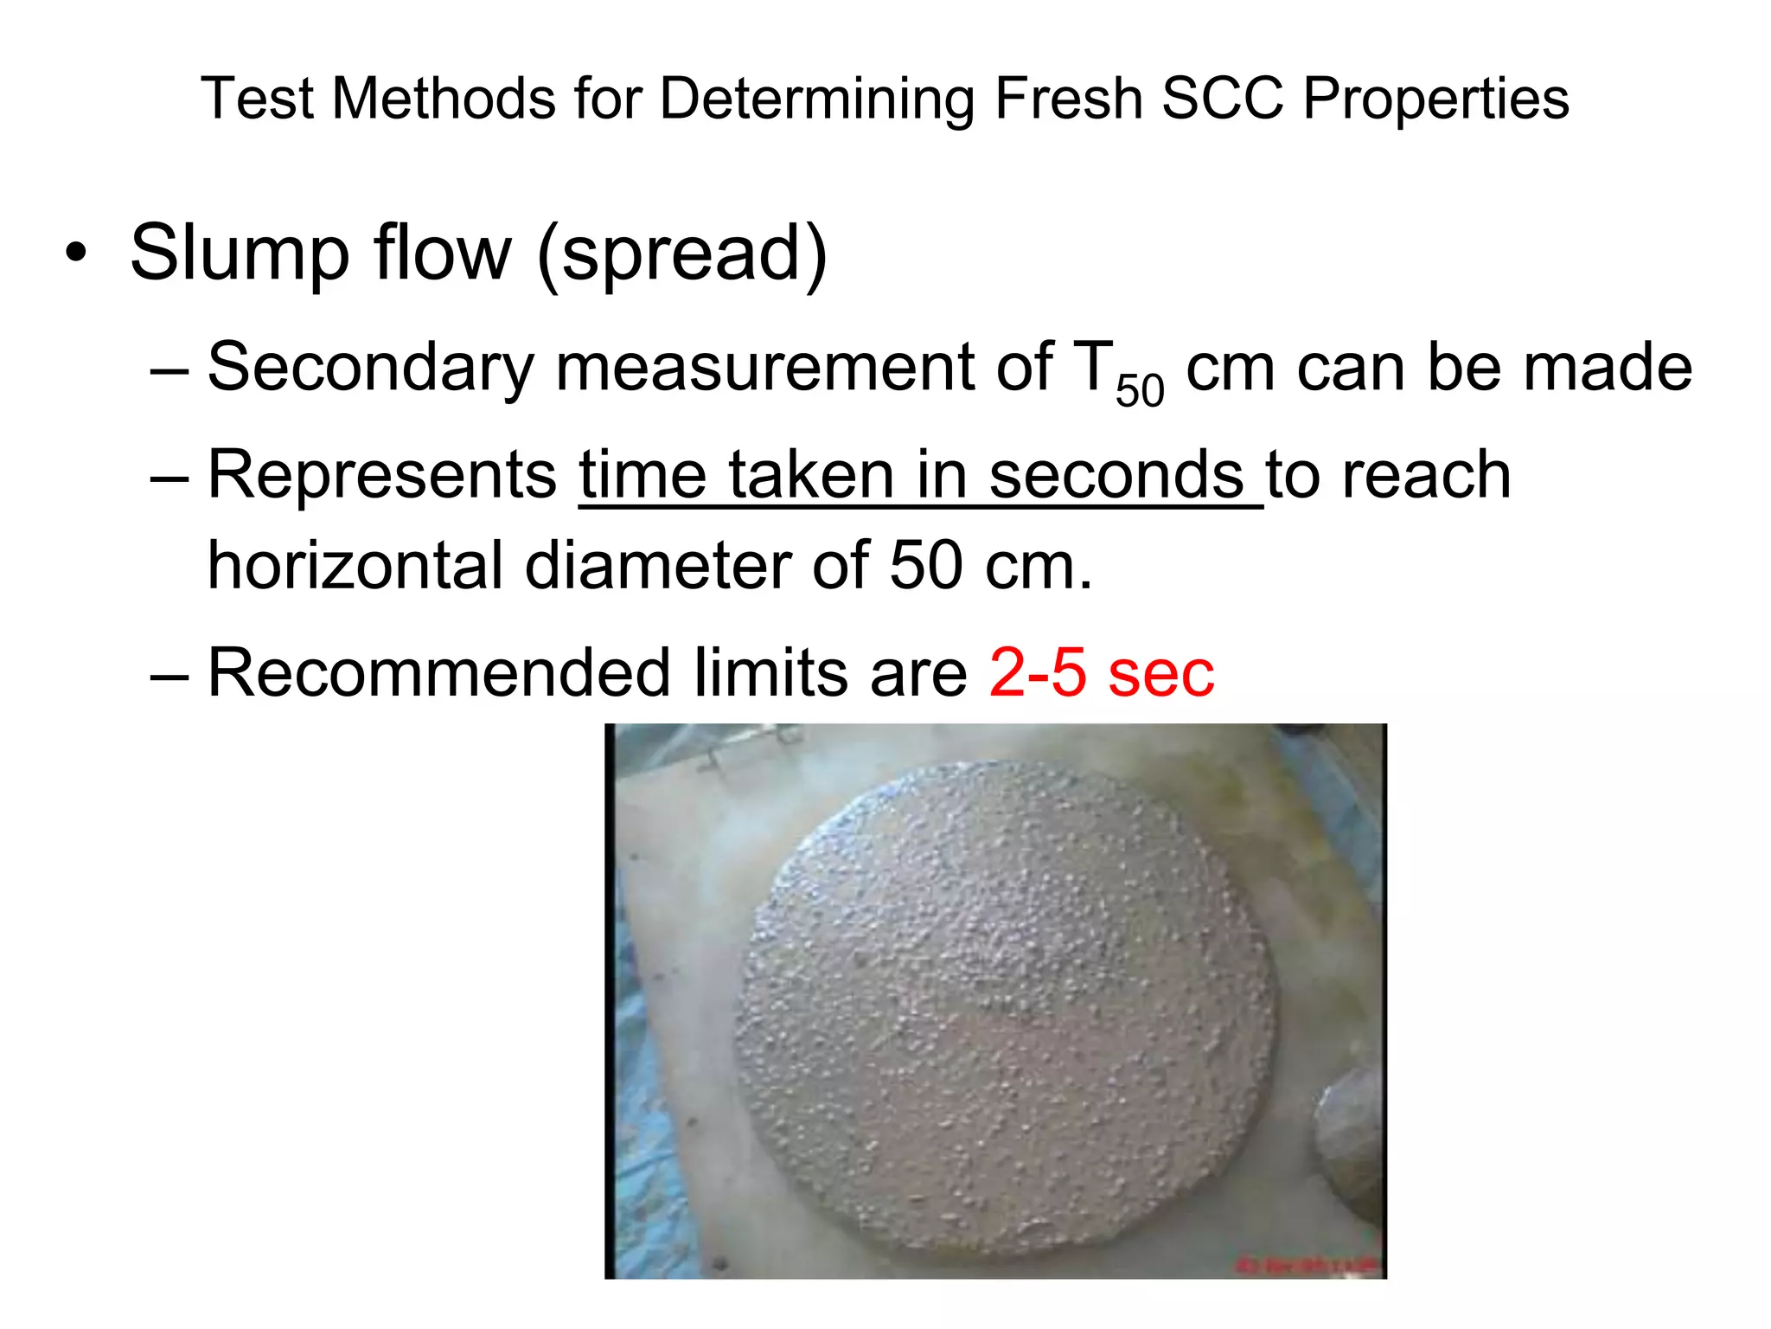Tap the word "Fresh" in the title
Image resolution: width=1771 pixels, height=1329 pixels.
[x=1068, y=98]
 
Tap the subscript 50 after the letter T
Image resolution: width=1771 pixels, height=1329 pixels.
[x=1140, y=390]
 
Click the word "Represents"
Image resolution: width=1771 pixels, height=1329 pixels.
[x=382, y=477]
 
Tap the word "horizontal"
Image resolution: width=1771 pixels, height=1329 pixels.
[x=355, y=566]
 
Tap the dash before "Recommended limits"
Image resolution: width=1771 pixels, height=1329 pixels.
[x=169, y=674]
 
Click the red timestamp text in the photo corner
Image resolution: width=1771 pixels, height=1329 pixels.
[x=1307, y=1266]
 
